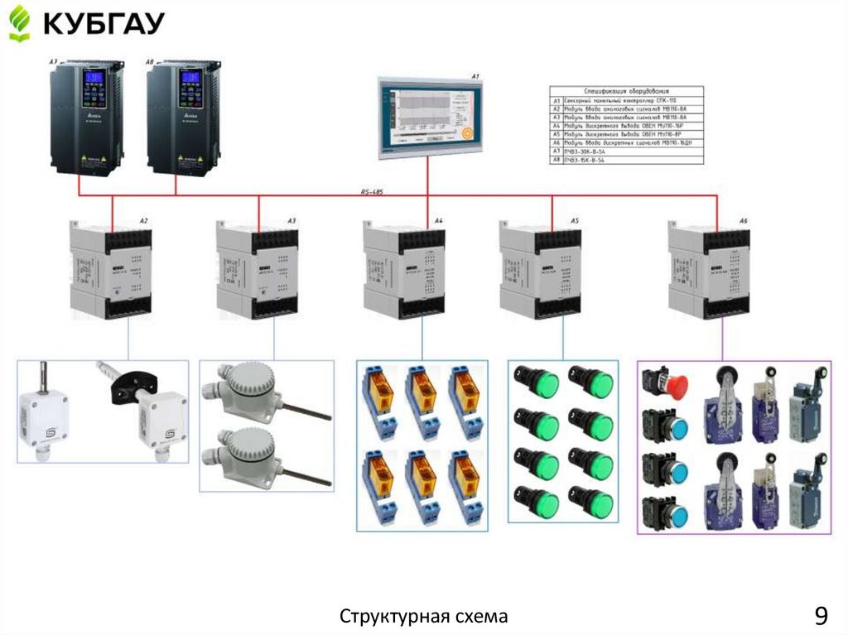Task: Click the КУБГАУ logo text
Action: (104, 22)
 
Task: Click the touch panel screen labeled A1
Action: (427, 116)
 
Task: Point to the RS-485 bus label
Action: (372, 192)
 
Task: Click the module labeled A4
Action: (403, 267)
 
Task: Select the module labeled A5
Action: (540, 267)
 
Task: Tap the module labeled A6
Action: (709, 267)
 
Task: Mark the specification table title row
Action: (627, 89)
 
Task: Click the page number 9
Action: (820, 616)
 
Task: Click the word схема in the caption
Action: (480, 617)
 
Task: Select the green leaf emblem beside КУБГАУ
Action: (19, 22)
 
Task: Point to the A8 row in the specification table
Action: (627, 160)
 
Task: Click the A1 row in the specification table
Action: (627, 99)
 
